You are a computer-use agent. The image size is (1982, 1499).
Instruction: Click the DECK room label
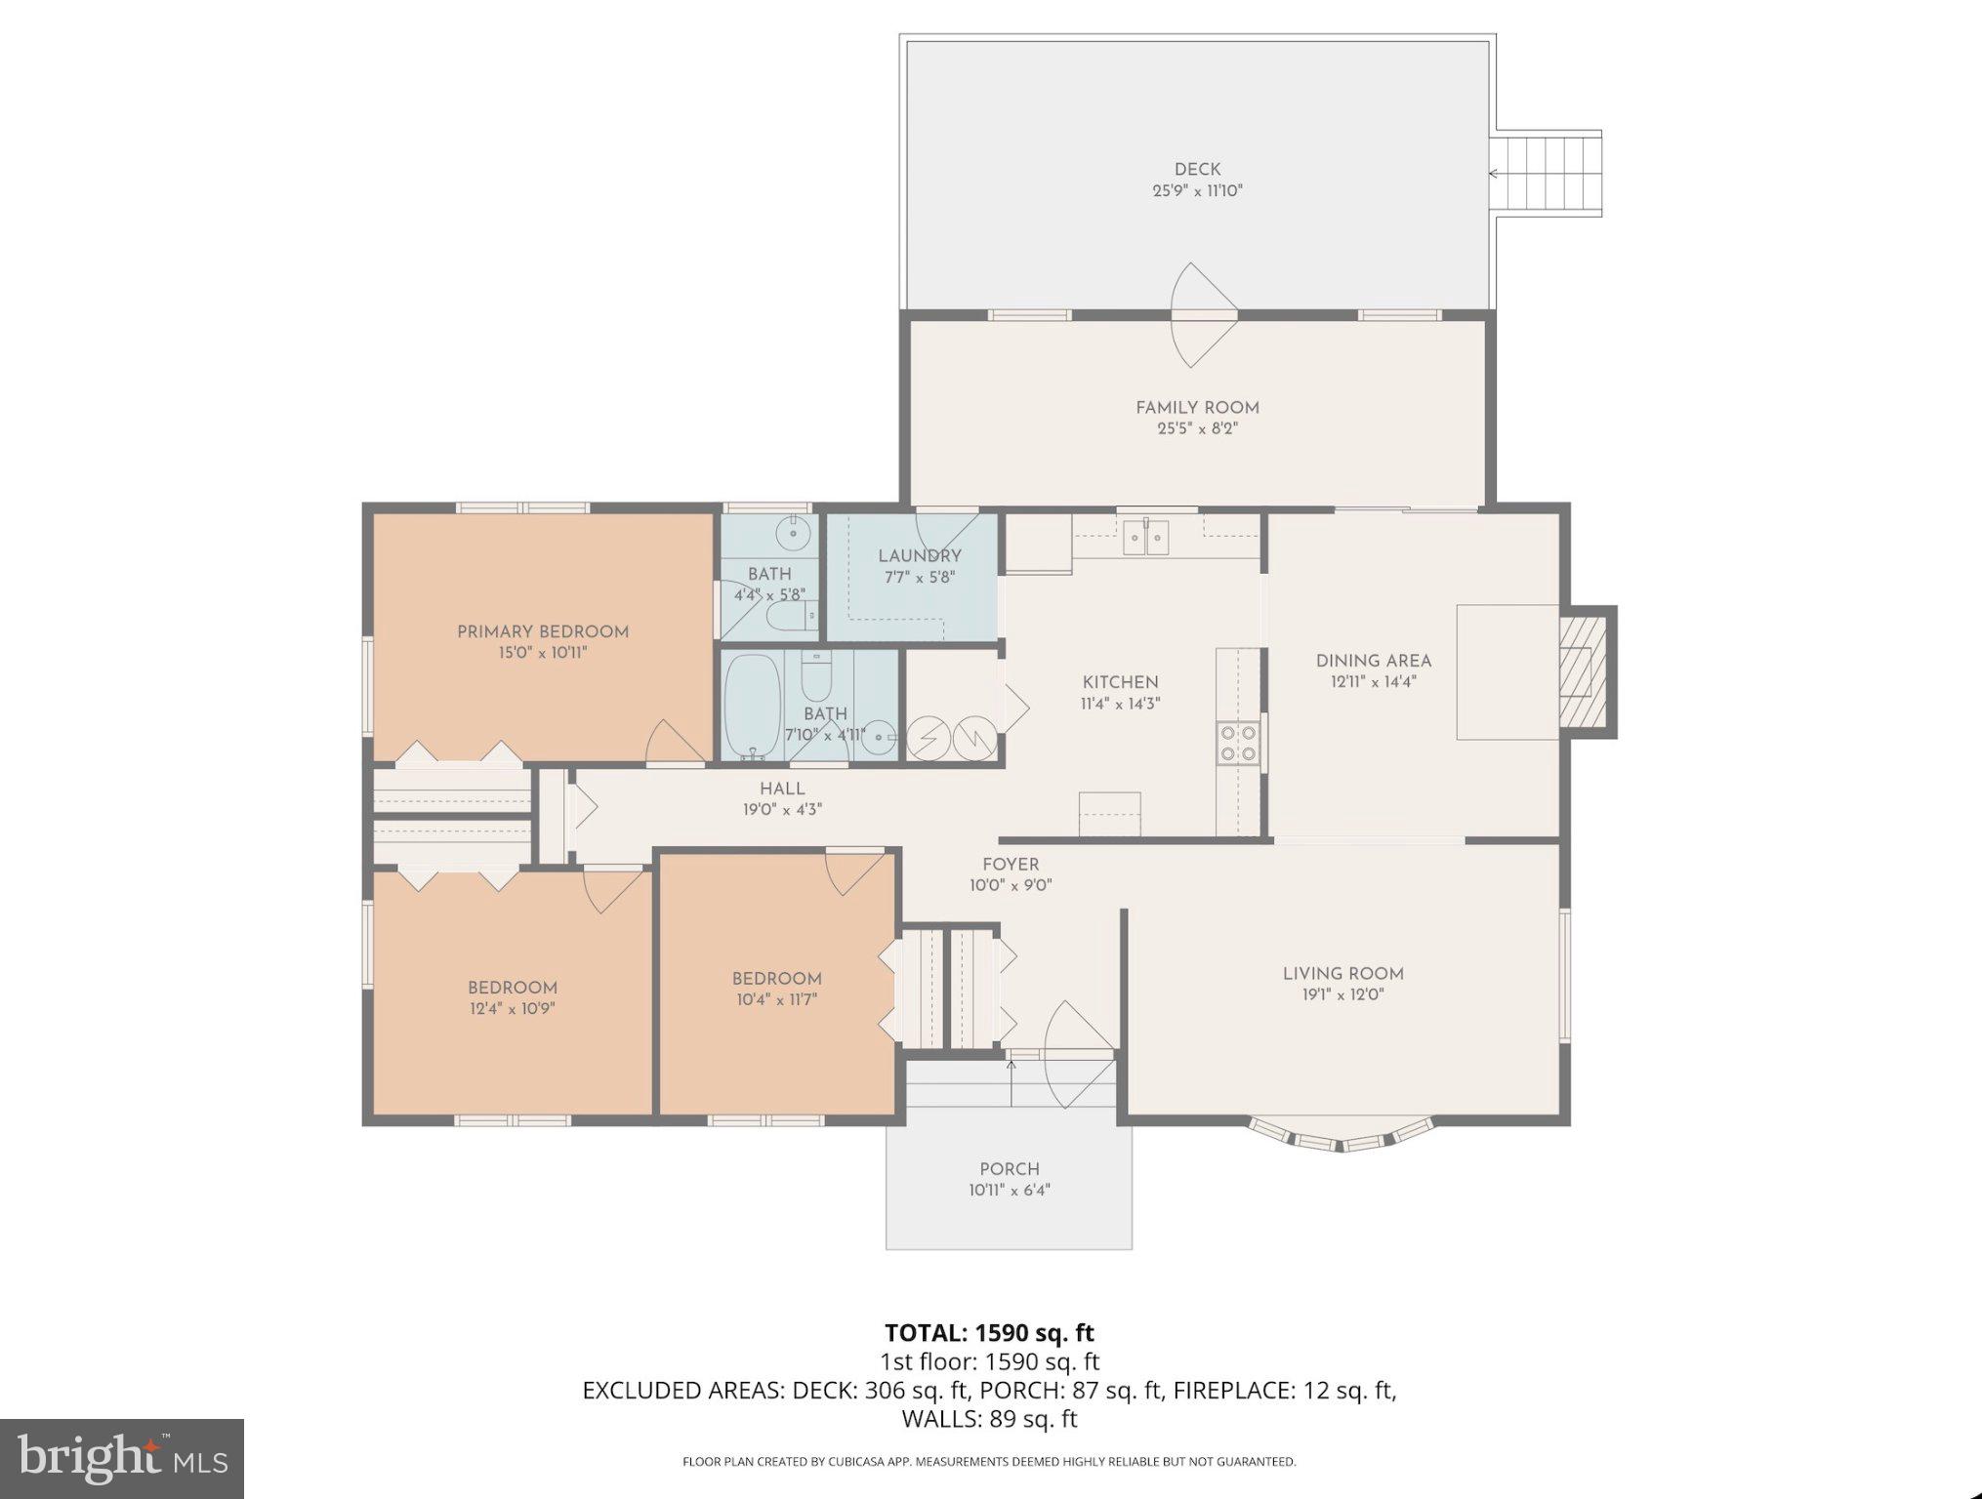(x=1197, y=170)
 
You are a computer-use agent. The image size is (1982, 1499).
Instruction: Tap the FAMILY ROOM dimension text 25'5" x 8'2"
(x=1197, y=428)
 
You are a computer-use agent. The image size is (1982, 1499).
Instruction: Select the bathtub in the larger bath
(x=753, y=705)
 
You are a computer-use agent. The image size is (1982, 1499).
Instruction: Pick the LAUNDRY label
(x=919, y=555)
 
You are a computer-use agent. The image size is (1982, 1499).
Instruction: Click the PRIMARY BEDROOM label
(x=543, y=631)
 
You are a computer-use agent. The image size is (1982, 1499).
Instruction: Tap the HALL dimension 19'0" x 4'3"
(x=782, y=809)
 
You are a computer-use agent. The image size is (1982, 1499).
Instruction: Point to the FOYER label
(x=1011, y=864)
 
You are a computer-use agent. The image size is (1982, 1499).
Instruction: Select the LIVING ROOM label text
(x=1342, y=973)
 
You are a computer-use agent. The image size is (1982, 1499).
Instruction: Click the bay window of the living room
(x=1342, y=1137)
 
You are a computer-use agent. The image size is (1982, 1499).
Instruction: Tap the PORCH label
(x=1010, y=1168)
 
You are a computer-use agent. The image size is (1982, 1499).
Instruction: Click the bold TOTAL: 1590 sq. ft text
(x=989, y=1332)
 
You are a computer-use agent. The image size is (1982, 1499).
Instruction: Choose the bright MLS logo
(x=122, y=1458)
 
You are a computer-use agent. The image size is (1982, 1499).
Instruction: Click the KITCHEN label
(x=1120, y=682)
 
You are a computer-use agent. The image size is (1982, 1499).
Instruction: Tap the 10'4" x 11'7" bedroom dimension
(x=777, y=999)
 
